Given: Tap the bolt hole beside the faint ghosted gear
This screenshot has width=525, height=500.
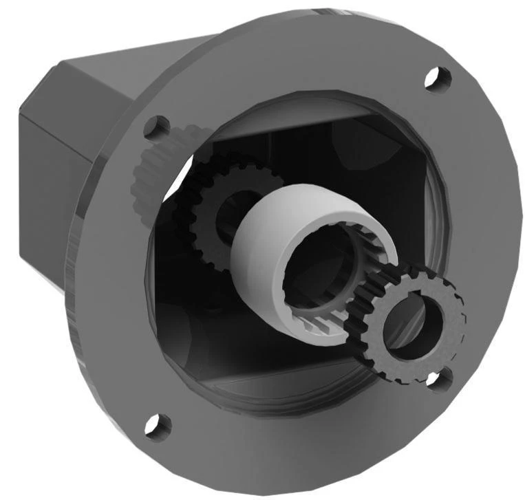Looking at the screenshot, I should pos(157,127).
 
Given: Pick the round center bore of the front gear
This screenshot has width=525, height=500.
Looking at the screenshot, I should pos(412,323).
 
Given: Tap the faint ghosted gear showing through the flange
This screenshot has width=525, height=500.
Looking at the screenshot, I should pos(144,172).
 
